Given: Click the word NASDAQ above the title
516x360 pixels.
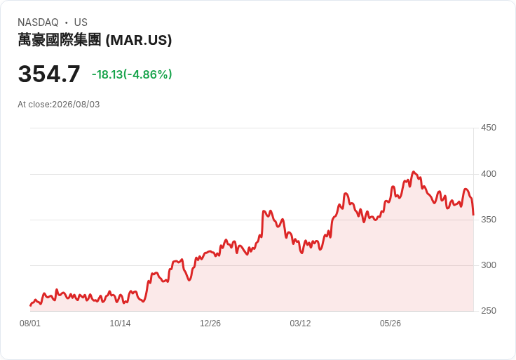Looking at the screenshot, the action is point(38,22).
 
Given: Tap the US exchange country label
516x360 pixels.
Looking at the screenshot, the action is point(81,22).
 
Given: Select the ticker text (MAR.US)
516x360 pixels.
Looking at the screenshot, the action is point(139,40).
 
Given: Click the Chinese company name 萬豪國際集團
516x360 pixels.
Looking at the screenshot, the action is point(59,40).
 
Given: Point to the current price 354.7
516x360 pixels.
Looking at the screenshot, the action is point(49,74).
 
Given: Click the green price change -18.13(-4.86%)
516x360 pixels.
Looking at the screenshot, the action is point(132,74).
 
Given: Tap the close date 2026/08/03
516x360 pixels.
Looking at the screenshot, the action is point(76,105).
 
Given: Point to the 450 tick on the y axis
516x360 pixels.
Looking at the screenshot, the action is point(489,128).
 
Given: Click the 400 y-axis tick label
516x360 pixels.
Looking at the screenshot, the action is point(489,174).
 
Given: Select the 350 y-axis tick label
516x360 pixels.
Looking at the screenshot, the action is point(489,220).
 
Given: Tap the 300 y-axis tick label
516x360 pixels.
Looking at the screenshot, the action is point(489,265).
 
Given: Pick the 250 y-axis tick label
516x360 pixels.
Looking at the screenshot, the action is point(489,311).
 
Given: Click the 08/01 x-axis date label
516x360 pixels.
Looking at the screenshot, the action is point(30,324).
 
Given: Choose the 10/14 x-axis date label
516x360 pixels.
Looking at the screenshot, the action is point(120,324).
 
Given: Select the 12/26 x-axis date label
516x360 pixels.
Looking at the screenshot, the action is point(210,324).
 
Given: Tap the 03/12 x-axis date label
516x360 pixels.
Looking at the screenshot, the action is point(300,324).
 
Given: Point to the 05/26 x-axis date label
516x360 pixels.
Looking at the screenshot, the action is point(391,324).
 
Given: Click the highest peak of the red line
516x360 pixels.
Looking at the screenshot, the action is point(414,172).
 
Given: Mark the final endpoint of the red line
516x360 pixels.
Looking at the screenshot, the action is point(473,215).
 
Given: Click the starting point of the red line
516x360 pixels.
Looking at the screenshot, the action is point(30,306).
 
